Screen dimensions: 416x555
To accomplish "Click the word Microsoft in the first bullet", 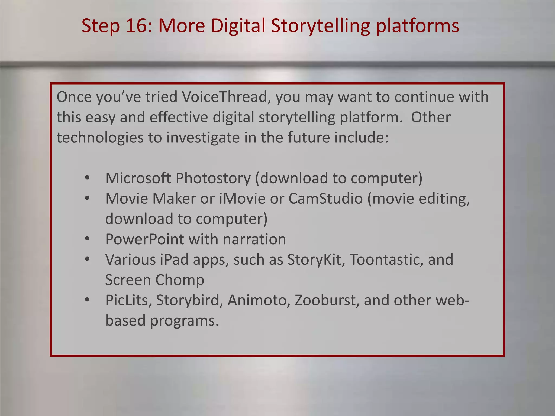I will coord(138,178).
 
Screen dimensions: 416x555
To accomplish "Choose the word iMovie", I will coord(242,199).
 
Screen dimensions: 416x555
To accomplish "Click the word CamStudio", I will coord(325,199).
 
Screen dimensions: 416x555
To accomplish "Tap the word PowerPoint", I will coord(144,239).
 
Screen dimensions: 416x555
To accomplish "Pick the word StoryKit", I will coord(316,260).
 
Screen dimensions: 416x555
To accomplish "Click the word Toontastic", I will coord(386,260).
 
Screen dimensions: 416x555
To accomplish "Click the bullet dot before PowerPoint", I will coord(87,239).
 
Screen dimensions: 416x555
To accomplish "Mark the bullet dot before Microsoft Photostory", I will coord(87,178).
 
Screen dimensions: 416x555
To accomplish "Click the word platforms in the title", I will coord(417,26).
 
